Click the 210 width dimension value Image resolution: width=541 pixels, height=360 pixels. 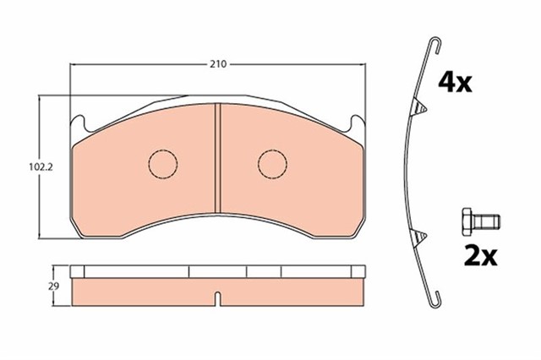[219, 63]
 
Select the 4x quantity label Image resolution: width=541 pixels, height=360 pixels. [454, 82]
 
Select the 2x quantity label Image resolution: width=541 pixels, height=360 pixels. [478, 254]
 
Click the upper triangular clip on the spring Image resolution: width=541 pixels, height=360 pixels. [416, 106]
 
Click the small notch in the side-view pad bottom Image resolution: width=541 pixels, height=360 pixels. [218, 297]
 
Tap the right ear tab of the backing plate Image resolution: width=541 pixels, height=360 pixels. [358, 124]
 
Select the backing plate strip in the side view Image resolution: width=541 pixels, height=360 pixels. [218, 272]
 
